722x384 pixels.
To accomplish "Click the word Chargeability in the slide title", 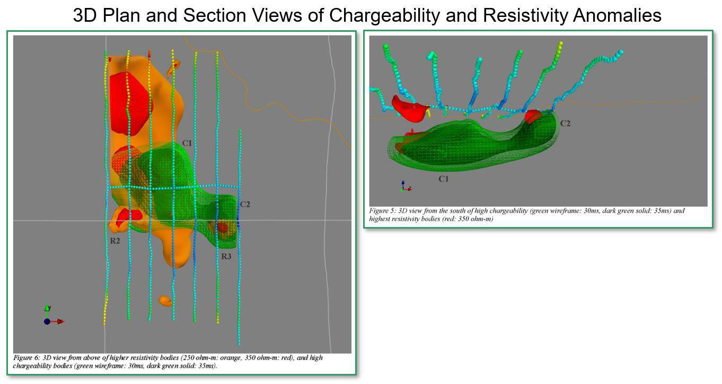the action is point(384,15).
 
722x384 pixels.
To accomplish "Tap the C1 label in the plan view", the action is point(187,143).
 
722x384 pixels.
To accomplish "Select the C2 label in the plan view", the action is point(245,204).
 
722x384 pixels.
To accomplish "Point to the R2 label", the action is point(115,241).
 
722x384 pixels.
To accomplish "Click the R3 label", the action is point(226,256).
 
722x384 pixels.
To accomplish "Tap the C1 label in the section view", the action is point(444,179).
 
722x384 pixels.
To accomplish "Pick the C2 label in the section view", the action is point(565,124).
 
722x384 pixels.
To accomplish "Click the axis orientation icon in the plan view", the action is point(53,316).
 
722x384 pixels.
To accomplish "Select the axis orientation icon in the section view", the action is point(406,186).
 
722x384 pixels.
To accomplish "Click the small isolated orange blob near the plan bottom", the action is point(165,301).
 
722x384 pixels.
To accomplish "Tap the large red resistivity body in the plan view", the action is point(129,103).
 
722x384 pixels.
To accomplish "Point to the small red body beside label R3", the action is point(223,228).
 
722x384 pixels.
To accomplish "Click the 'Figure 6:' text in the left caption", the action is point(27,357).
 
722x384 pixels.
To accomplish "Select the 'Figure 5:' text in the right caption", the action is point(383,211).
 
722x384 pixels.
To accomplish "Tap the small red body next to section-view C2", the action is point(533,116).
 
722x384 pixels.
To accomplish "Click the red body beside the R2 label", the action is point(128,215).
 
